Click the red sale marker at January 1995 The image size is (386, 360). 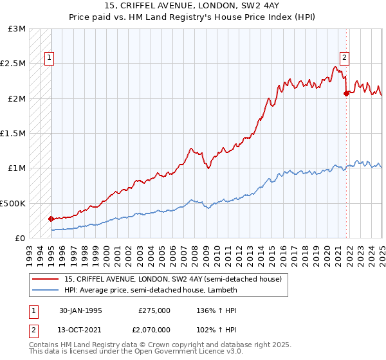click(x=51, y=219)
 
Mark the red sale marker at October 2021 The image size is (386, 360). click(x=346, y=93)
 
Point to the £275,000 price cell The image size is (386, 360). click(x=154, y=310)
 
